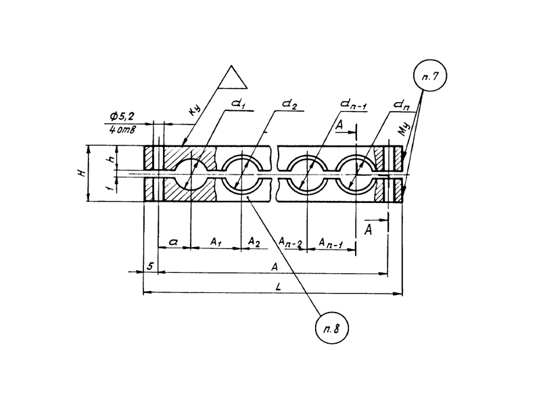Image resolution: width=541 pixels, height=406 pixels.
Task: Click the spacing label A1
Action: point(216,242)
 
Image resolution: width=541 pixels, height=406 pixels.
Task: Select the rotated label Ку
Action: point(196,113)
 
